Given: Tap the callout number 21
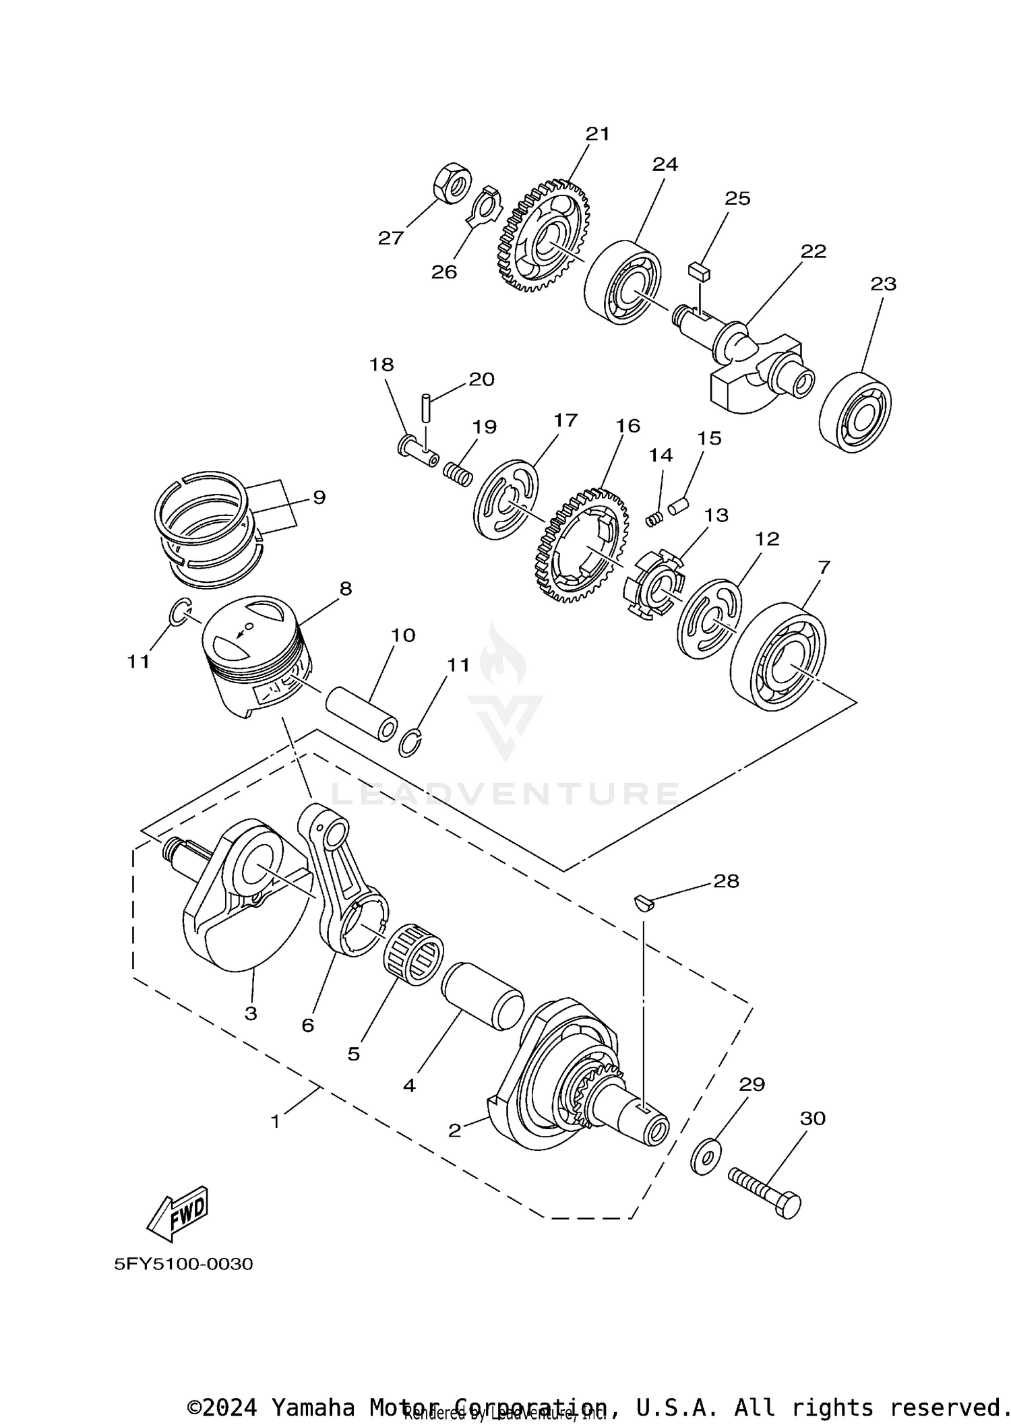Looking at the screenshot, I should tap(597, 133).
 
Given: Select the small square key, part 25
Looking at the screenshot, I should tap(697, 272).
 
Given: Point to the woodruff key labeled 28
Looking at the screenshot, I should tap(644, 901).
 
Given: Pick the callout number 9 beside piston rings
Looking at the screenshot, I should tap(319, 497).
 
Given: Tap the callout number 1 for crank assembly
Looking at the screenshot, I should tap(275, 1121).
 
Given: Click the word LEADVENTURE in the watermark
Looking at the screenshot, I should tap(506, 794).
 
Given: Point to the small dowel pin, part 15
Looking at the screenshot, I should tap(677, 505).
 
